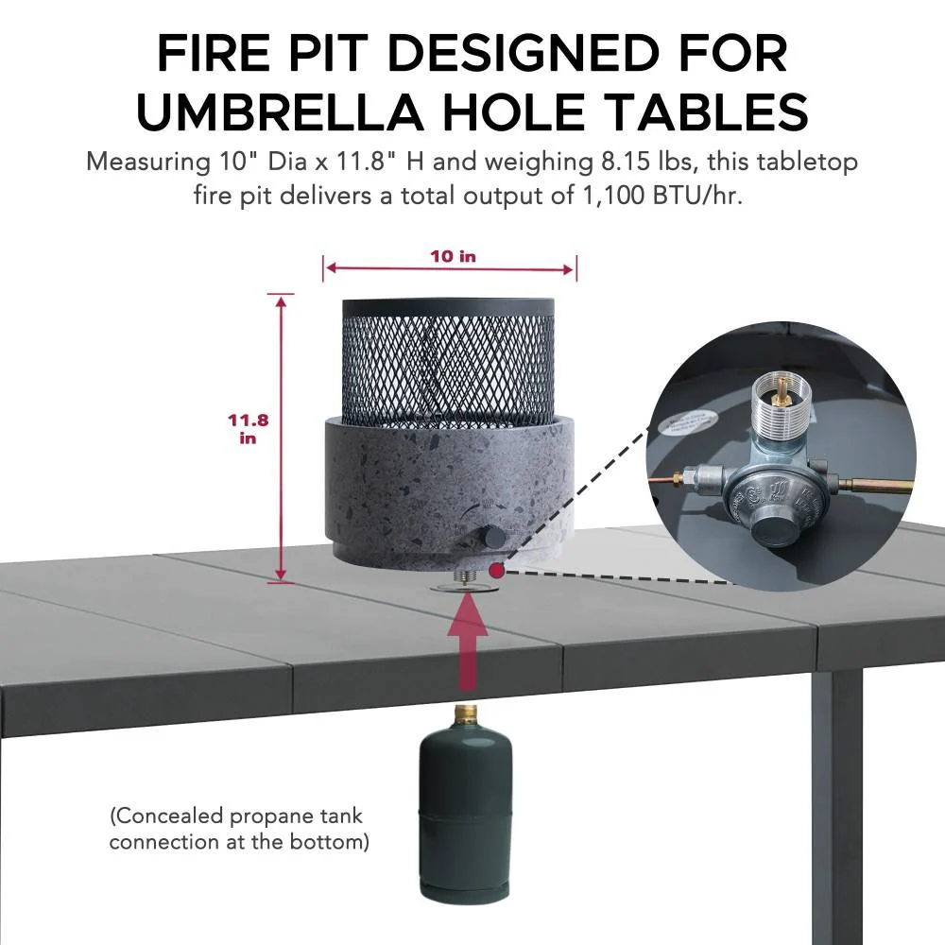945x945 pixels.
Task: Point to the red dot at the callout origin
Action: (496, 570)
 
